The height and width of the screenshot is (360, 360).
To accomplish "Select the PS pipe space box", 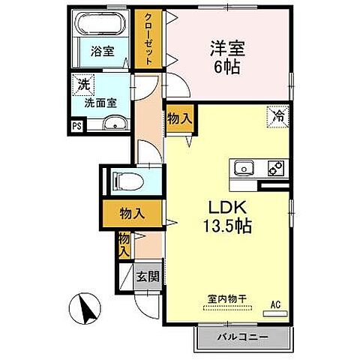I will (77, 126).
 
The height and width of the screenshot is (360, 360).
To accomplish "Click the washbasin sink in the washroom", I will (112, 124).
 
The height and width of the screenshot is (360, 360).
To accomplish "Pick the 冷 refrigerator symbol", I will (277, 116).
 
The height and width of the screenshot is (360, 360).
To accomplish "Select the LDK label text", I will (218, 208).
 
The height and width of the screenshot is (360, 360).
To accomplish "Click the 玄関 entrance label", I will (147, 275).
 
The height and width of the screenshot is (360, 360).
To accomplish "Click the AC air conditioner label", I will (275, 304).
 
